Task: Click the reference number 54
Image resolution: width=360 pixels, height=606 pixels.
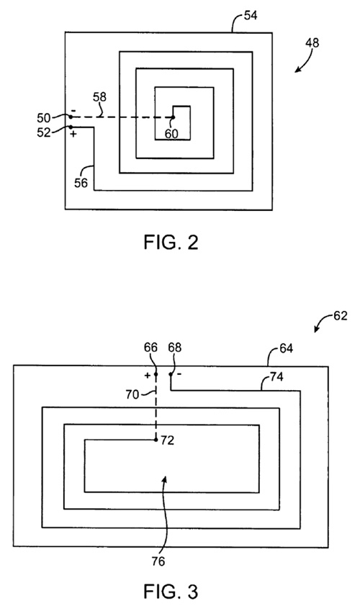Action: point(251,16)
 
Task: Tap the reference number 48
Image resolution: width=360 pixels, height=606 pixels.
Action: point(312,42)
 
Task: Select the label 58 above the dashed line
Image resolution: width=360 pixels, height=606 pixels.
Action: point(99,96)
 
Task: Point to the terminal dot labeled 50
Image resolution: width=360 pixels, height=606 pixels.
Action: point(71,117)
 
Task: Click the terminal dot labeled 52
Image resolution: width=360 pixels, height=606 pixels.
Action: point(71,127)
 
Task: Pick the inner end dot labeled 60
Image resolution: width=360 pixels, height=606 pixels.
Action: point(173,117)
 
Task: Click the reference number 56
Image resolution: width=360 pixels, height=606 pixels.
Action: point(81,182)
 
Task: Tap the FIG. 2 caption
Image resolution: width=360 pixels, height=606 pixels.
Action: point(171,243)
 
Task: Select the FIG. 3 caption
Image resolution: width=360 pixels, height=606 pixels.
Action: point(171,592)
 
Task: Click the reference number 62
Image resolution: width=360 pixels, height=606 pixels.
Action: point(341,316)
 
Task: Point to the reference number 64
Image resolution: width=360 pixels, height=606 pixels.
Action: point(286,348)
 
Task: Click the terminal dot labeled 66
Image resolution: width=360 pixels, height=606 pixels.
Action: point(156,374)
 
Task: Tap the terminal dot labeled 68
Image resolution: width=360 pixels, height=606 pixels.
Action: point(170,374)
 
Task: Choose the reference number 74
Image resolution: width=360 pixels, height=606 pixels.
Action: point(276,376)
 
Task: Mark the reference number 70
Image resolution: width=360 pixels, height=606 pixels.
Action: point(132,394)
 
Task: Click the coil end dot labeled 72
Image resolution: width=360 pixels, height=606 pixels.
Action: point(156,440)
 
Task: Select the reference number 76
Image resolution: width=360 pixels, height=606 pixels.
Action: point(158,561)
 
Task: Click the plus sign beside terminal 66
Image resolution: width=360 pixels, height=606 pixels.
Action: point(148,375)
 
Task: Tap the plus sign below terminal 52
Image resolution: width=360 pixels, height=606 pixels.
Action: point(73,134)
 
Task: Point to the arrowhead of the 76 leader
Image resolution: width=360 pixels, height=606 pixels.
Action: point(166,479)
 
